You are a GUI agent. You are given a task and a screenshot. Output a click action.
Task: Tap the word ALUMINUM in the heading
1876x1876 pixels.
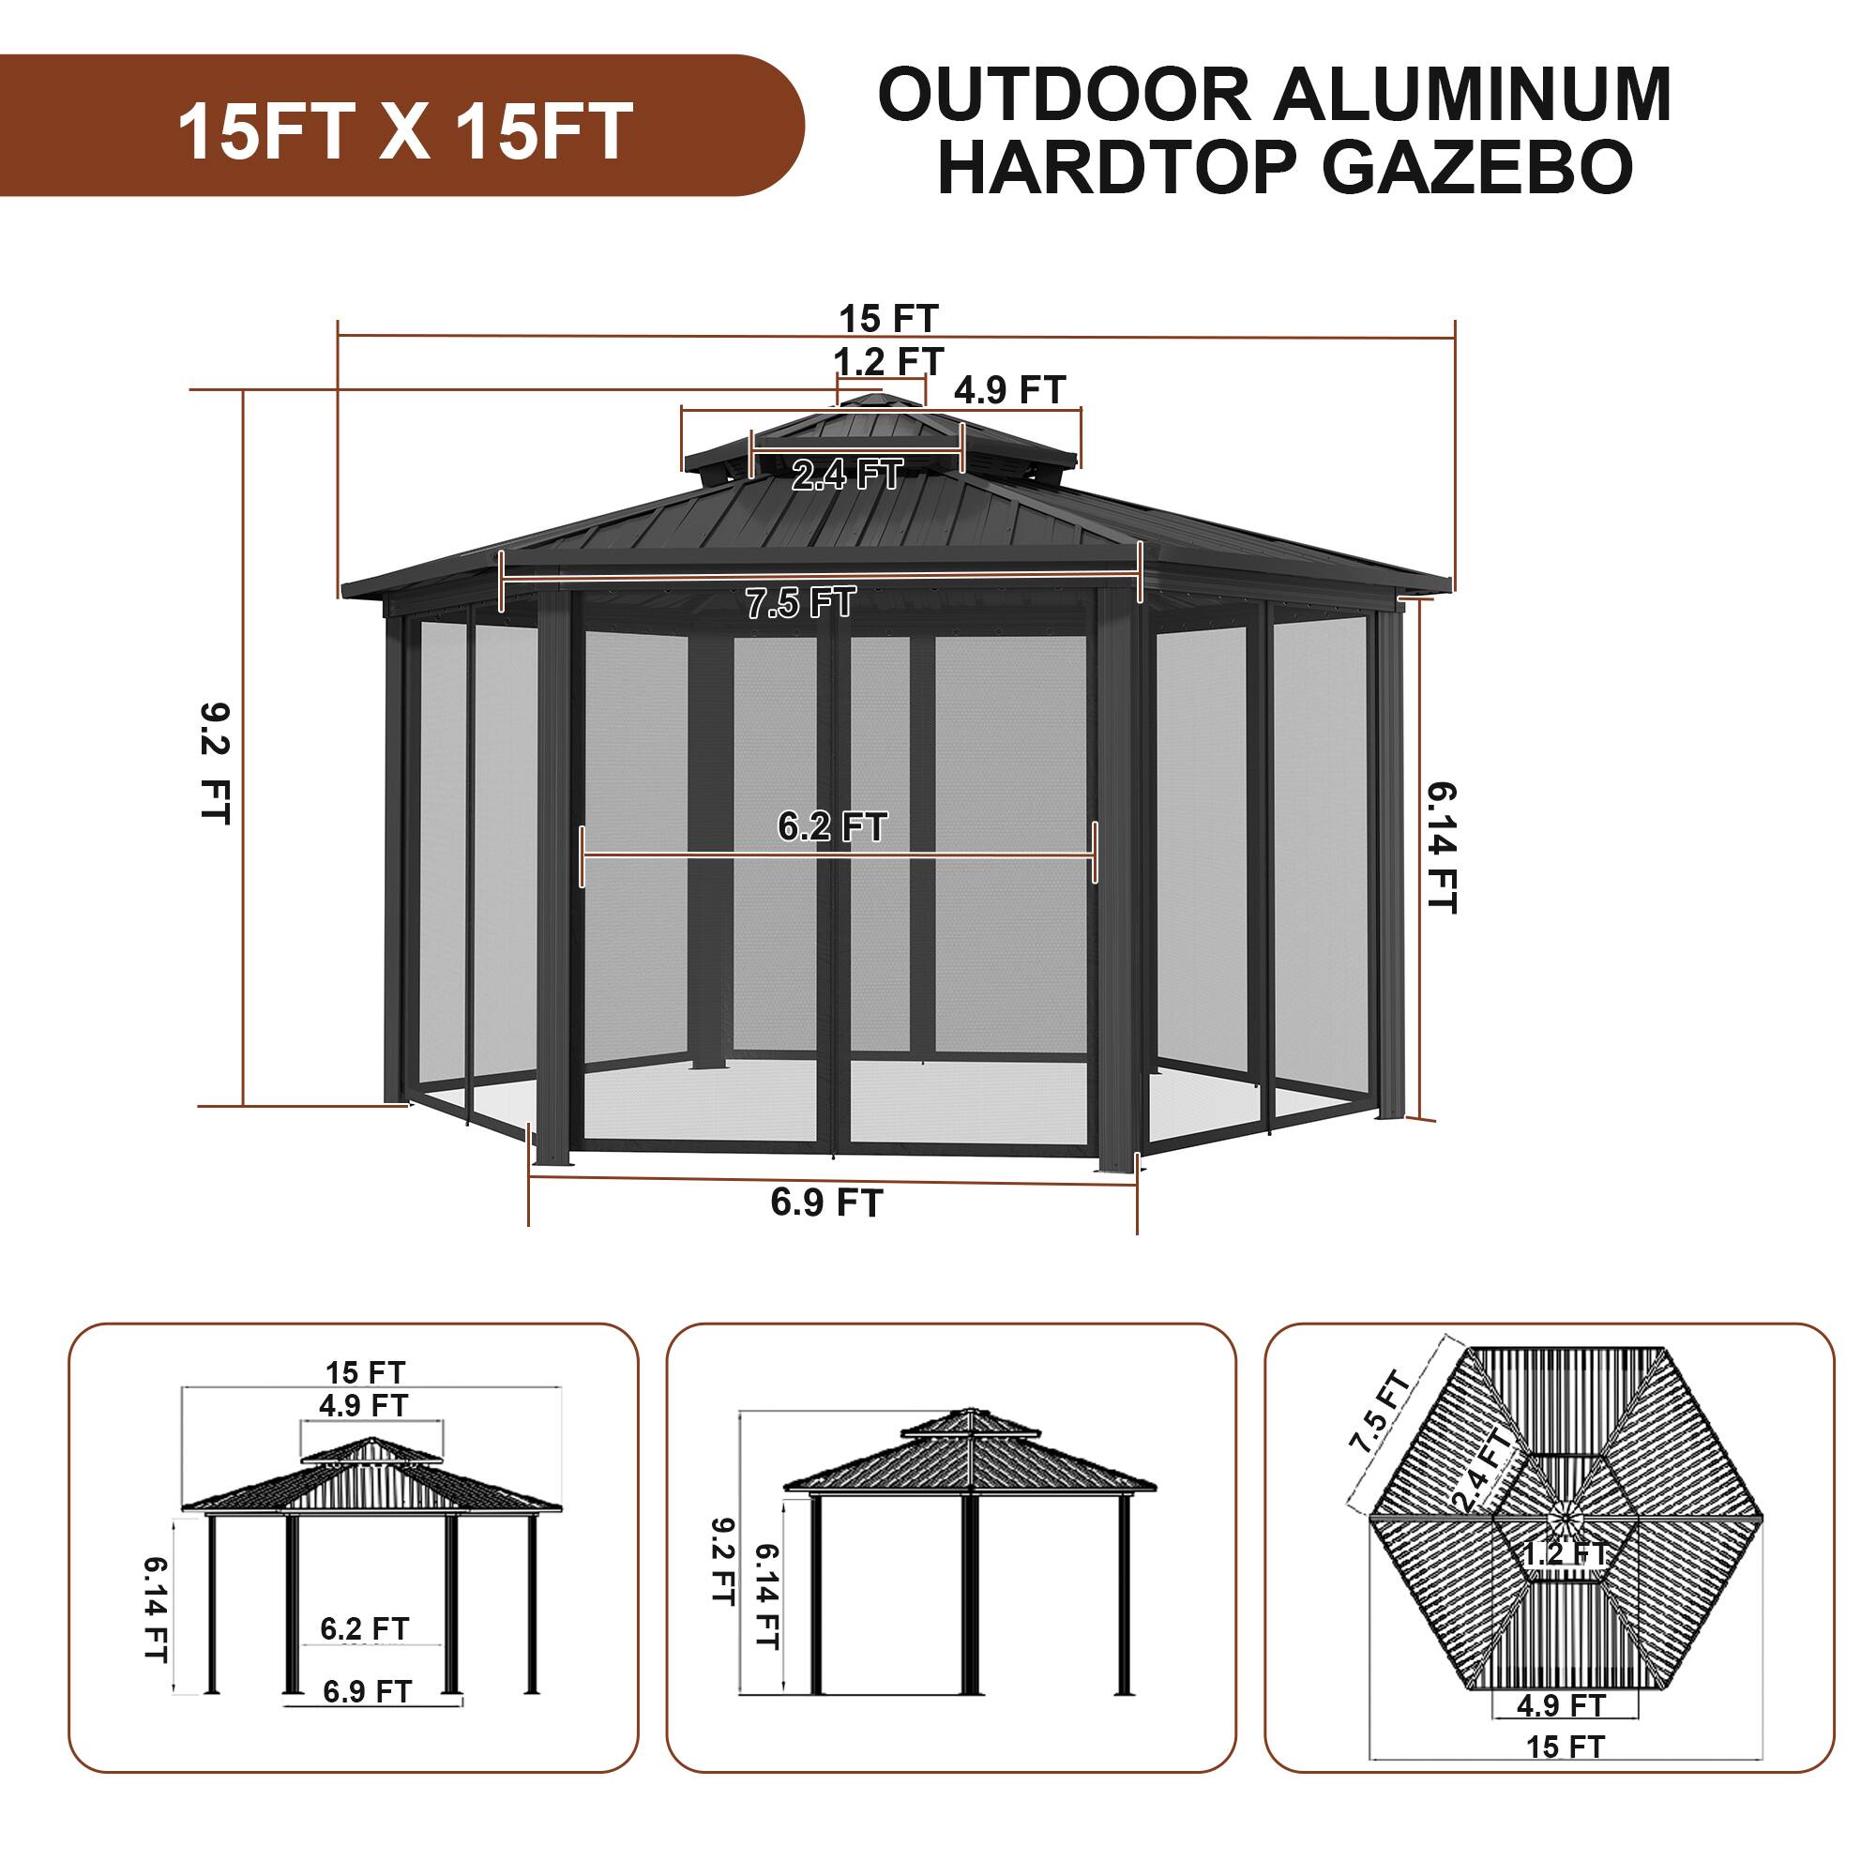1473,95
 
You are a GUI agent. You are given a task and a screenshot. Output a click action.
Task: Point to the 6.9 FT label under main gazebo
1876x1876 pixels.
826,1203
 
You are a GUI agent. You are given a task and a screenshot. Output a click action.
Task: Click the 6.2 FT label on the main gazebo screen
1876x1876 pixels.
832,826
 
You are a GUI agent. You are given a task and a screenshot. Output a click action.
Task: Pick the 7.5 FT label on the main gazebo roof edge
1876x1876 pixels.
801,603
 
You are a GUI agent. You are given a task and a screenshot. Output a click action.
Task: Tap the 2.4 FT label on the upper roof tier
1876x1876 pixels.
847,475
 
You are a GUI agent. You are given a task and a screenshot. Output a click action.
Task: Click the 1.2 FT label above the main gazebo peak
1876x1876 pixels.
888,361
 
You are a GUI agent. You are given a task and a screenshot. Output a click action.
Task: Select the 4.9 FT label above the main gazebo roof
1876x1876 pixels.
1010,390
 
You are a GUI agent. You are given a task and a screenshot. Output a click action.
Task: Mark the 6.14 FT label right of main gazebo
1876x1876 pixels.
1442,848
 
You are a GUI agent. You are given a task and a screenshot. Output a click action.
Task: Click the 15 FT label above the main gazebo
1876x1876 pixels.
888,319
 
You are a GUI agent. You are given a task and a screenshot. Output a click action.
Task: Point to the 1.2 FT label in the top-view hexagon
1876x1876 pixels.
1566,1581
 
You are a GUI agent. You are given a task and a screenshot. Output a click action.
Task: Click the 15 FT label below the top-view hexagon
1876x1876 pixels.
1566,1774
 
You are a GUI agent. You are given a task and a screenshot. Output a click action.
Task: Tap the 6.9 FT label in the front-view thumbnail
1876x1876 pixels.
367,1718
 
